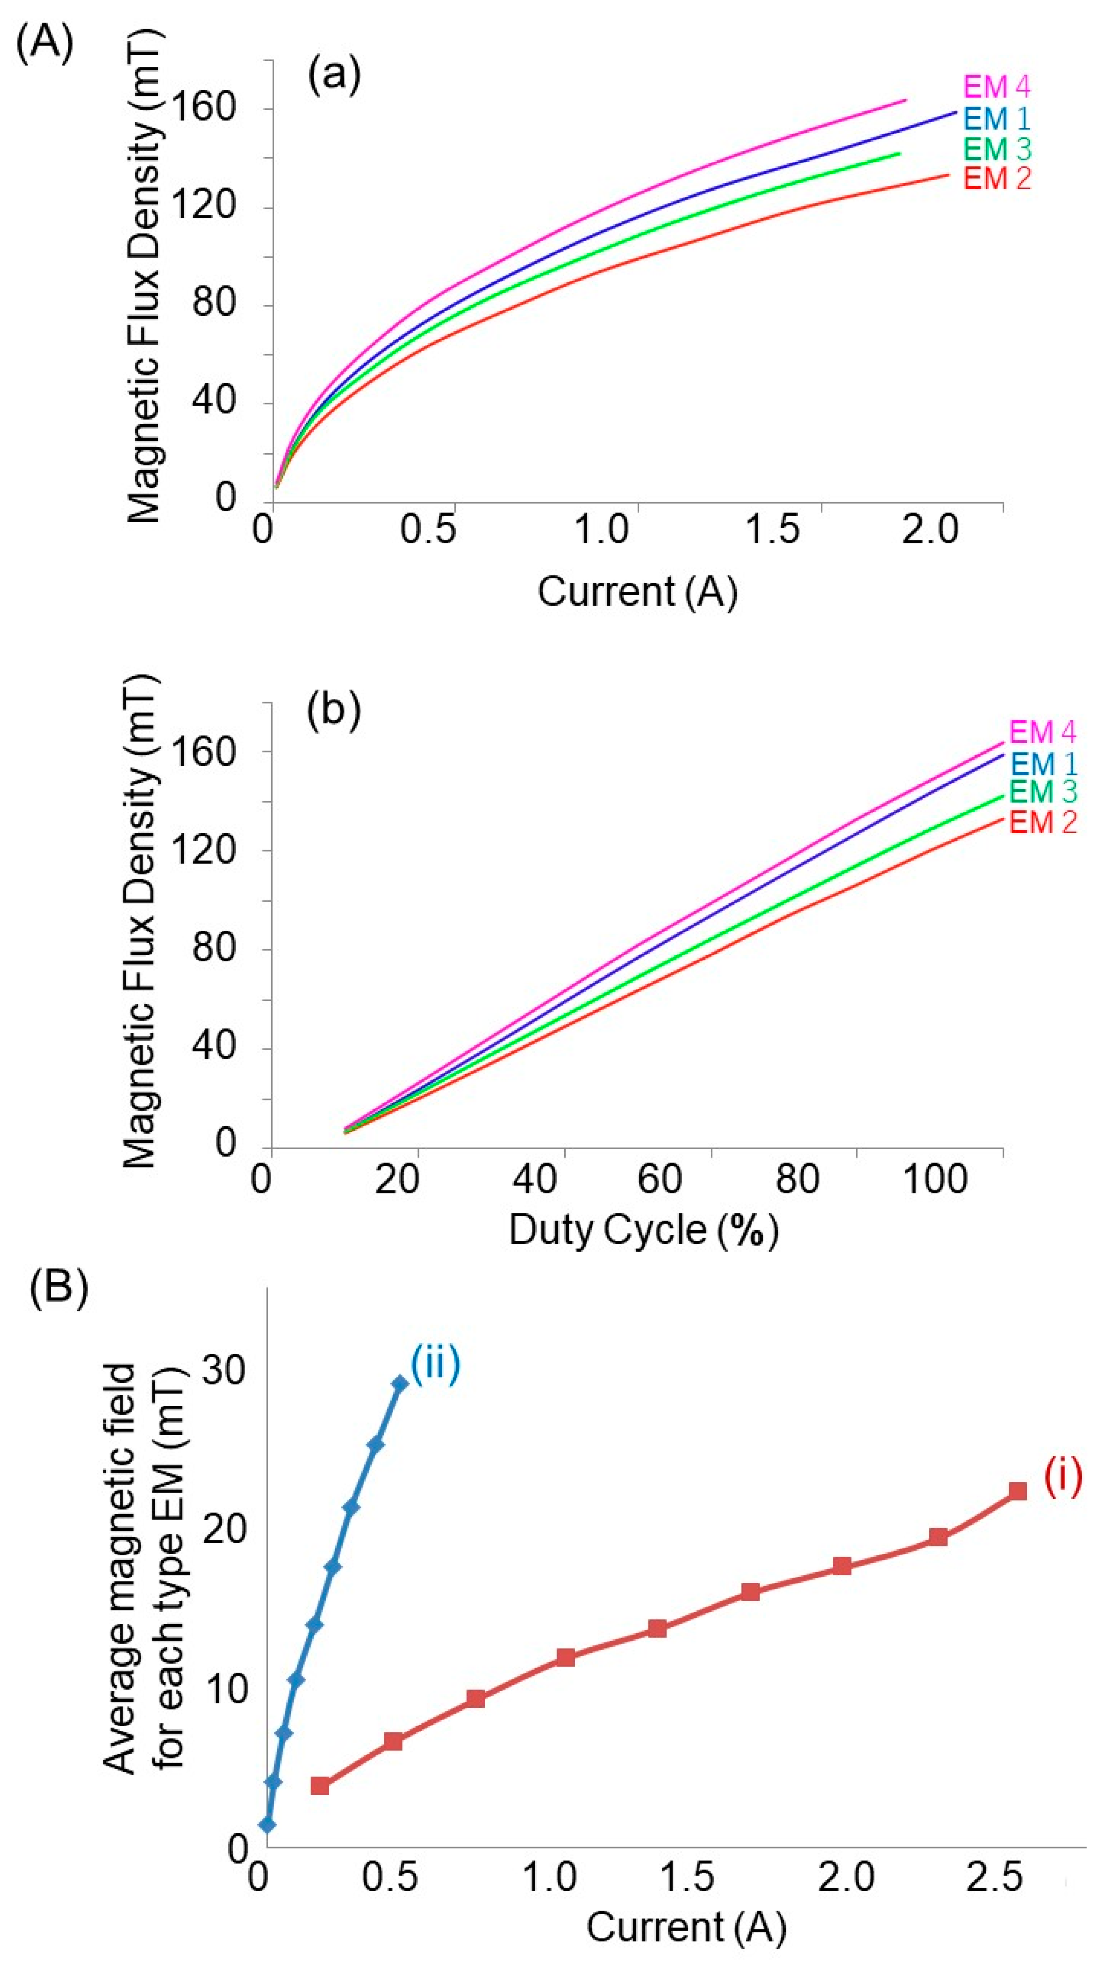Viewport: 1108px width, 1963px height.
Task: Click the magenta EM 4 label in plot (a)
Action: pos(997,87)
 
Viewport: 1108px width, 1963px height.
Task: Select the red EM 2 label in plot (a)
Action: pos(997,178)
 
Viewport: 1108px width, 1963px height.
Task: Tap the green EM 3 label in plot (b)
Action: pos(1043,792)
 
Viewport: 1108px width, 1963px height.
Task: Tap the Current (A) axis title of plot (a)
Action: pos(637,591)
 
